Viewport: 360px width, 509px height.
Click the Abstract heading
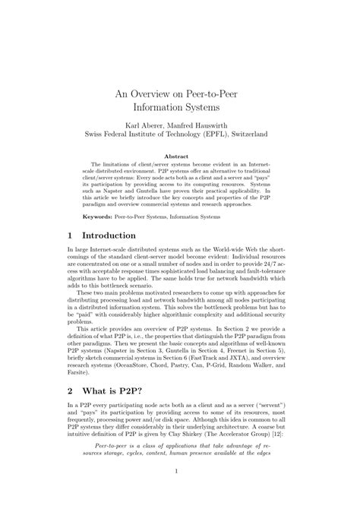click(x=180, y=156)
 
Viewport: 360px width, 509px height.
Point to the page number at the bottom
click(x=180, y=493)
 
